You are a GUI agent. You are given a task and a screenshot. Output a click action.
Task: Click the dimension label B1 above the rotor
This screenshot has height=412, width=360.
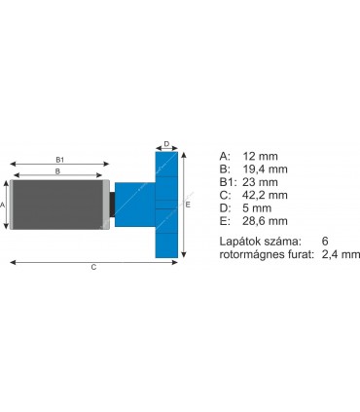coord(59,159)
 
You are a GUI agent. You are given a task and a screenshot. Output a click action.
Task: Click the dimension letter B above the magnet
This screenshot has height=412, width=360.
coord(57,171)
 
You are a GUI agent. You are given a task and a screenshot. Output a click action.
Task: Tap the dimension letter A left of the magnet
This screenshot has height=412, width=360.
coord(4,206)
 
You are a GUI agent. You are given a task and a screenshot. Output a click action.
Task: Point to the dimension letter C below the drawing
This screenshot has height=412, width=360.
coord(93,267)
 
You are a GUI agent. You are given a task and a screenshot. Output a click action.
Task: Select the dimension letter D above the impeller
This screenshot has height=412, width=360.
coord(166,144)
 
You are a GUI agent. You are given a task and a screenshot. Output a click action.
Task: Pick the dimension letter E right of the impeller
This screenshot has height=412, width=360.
coord(188,206)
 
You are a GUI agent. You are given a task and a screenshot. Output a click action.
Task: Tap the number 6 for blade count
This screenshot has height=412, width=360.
coord(324,240)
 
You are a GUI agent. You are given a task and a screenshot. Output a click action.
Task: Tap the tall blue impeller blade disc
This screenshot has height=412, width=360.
coord(166,205)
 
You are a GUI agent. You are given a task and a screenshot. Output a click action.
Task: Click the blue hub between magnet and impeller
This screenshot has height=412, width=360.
coord(134,205)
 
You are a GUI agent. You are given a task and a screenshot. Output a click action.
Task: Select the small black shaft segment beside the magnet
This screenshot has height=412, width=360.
coord(112,205)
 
